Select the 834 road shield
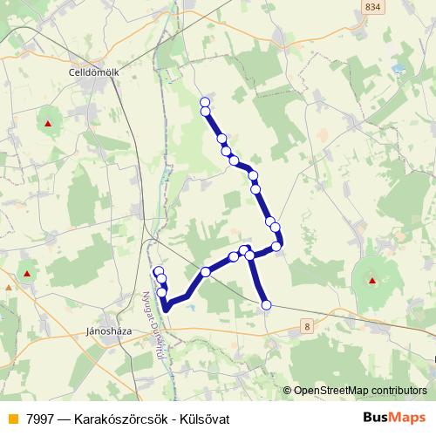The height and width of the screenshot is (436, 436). [x=373, y=6]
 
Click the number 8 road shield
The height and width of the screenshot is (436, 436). [x=308, y=325]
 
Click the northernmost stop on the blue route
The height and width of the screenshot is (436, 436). [x=205, y=102]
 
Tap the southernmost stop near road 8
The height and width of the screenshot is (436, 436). [x=266, y=304]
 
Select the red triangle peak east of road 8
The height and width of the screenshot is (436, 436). [x=372, y=281]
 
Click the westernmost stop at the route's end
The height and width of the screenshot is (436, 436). [x=159, y=272]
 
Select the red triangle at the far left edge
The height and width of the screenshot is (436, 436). [x=28, y=274]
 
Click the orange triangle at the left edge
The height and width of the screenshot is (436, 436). [x=8, y=286]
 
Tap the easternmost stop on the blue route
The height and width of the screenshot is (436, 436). [x=277, y=246]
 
